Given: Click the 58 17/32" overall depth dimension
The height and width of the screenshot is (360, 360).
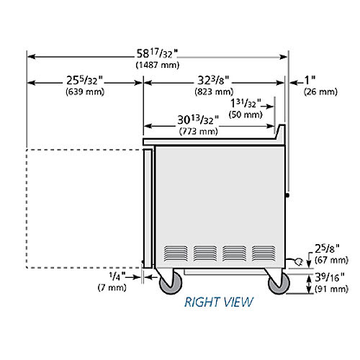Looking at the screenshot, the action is click(158, 54).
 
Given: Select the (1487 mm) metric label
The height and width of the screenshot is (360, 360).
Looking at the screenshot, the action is click(158, 65).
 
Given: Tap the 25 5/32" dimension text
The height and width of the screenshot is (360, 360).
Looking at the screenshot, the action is click(85, 81).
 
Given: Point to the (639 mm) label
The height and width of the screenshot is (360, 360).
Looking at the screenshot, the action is click(85, 91).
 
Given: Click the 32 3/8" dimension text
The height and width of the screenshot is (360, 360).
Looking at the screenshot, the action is click(213, 81).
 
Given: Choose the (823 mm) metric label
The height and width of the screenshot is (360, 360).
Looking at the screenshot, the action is click(214, 91).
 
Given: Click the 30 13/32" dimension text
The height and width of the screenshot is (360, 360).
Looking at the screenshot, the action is click(198, 120).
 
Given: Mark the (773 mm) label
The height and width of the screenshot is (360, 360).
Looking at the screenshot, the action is click(199, 131).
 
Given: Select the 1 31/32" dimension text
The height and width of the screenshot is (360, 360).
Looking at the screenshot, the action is click(246, 104).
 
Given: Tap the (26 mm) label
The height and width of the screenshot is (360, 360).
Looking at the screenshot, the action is click(320, 91).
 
